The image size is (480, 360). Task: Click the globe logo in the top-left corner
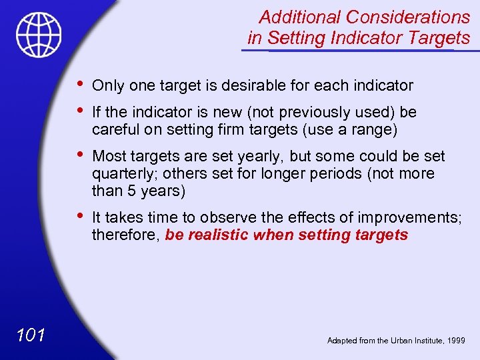[x=39, y=35]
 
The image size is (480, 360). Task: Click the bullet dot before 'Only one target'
[x=80, y=84]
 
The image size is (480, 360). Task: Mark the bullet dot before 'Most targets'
[x=80, y=155]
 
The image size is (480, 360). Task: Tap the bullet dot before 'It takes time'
[x=80, y=216]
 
